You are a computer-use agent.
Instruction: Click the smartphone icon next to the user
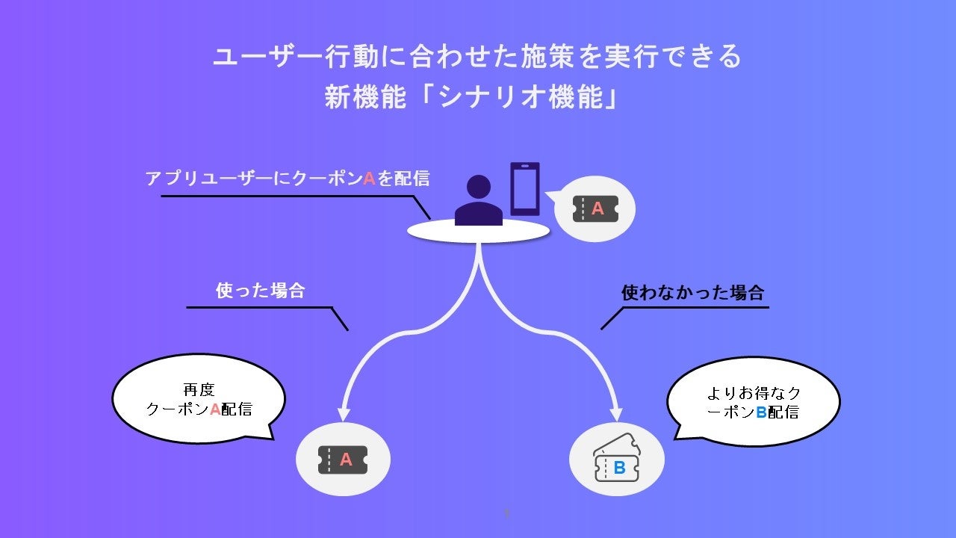point(525,188)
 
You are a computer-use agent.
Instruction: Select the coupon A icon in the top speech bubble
point(595,209)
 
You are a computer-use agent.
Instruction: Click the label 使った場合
point(261,291)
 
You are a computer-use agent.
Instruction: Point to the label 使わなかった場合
point(692,292)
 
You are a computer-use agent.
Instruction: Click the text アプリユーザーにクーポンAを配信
point(288,179)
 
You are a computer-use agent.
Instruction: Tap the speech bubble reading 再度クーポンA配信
point(199,399)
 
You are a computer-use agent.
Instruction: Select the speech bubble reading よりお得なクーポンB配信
point(753,402)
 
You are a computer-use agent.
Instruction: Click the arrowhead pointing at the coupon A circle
point(344,413)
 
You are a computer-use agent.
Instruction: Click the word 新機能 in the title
point(356,98)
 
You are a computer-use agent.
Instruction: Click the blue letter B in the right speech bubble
point(761,412)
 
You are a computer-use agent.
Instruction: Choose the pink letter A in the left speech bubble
point(215,409)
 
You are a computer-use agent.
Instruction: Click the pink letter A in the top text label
point(368,179)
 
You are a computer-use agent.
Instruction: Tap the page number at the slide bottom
point(507,513)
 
